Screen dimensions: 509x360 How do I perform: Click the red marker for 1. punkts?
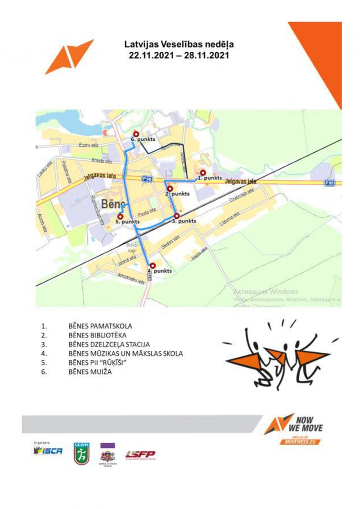(203, 172)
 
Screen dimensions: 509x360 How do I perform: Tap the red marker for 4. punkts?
(152, 266)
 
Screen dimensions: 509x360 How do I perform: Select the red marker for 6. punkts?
(135, 133)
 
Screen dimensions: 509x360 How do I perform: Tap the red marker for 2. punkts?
(170, 188)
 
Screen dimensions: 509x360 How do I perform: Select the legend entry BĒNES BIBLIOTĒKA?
(97, 335)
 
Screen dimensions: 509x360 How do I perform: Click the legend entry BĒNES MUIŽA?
(90, 372)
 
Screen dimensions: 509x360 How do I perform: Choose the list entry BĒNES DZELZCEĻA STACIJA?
(109, 344)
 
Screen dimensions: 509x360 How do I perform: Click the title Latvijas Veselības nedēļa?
(179, 45)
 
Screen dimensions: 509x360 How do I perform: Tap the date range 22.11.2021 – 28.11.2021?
(179, 56)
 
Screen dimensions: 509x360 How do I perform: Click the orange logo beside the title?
(68, 56)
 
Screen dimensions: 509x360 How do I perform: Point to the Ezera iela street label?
(88, 145)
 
